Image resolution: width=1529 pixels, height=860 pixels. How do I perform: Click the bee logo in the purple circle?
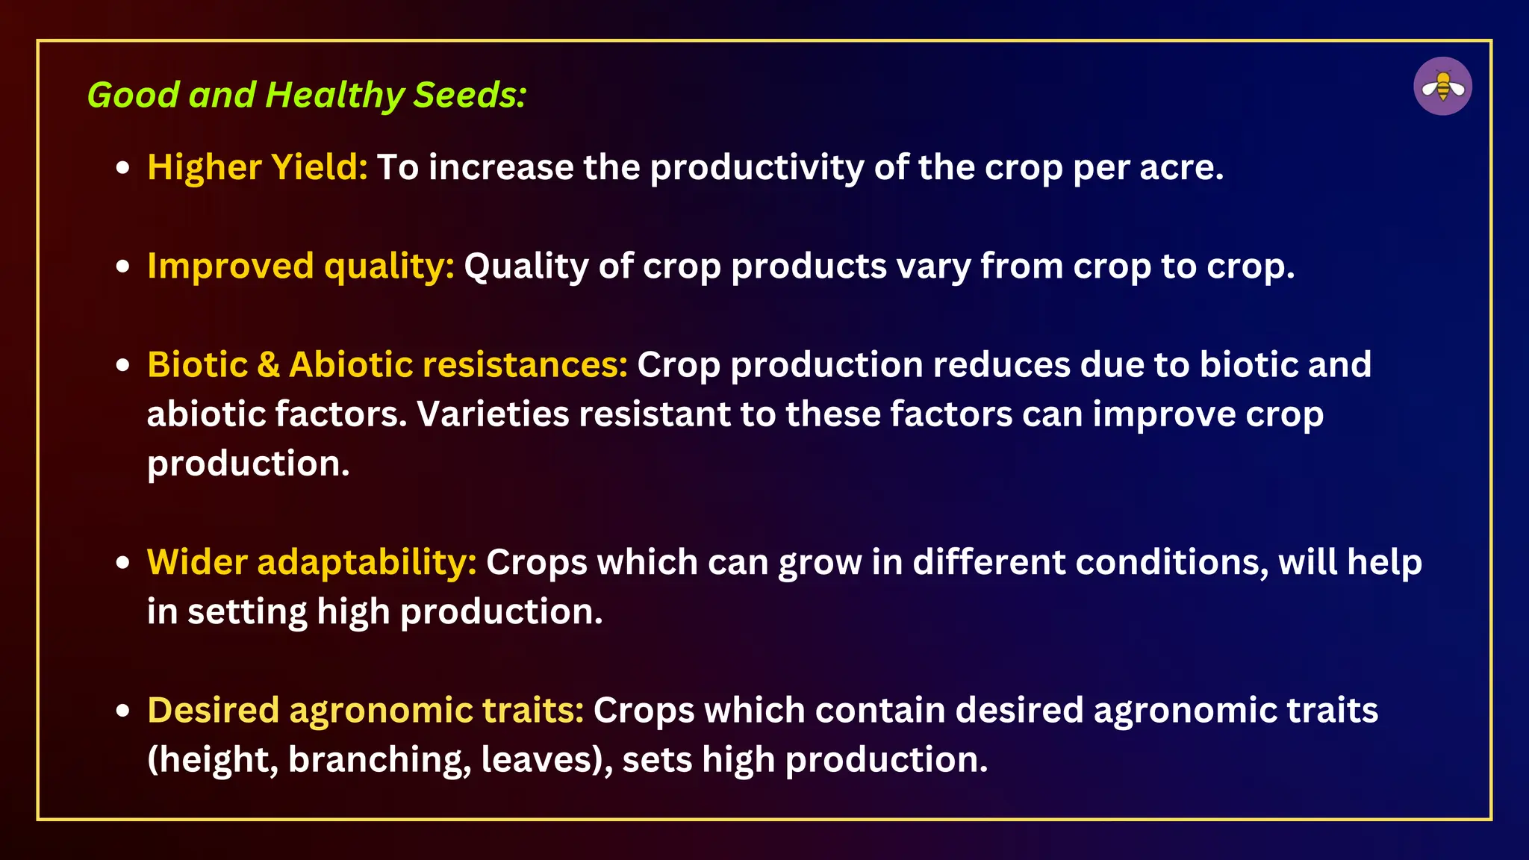1442,87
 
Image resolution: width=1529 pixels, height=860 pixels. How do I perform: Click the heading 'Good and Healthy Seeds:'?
307,96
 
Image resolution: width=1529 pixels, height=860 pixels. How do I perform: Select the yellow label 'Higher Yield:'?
258,167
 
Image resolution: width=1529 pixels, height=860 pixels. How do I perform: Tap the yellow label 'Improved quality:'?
301,267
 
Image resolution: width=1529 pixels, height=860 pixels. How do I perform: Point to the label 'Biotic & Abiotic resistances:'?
387,365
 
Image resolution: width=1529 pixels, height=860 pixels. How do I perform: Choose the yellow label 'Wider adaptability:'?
312,562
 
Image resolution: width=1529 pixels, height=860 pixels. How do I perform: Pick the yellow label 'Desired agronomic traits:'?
366,710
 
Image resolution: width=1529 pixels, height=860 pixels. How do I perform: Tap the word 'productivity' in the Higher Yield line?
757,167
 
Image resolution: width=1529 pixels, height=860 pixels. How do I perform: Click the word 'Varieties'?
493,414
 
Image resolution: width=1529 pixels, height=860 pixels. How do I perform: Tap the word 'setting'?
247,612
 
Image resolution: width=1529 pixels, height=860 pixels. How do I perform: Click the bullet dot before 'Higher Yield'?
123,168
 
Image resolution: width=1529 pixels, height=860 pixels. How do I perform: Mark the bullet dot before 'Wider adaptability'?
123,563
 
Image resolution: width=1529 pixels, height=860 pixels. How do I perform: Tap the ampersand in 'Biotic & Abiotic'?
268,365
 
